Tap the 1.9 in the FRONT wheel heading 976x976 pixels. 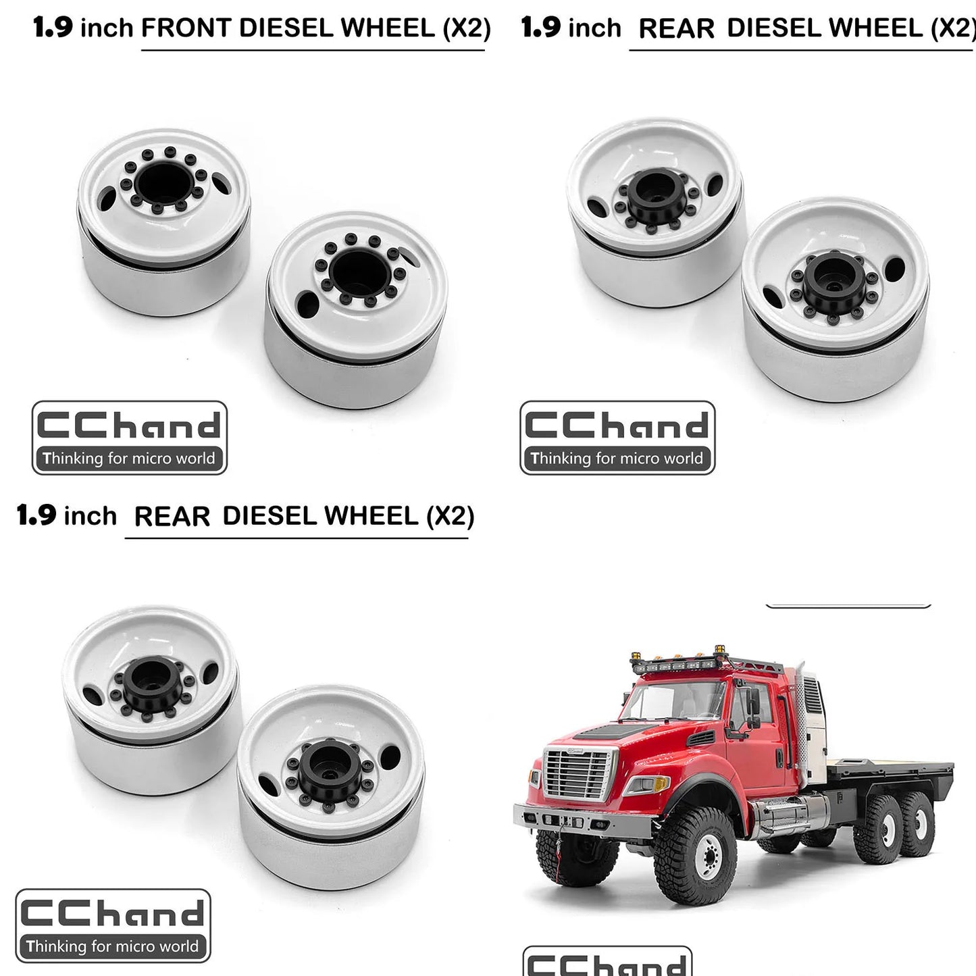pyautogui.click(x=53, y=27)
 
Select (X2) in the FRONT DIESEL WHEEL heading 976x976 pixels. pyautogui.click(x=467, y=28)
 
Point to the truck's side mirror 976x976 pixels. pyautogui.click(x=752, y=702)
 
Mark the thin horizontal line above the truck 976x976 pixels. pyautogui.click(x=848, y=607)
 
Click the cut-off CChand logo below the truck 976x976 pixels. pyautogui.click(x=607, y=961)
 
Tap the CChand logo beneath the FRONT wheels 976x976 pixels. pyautogui.click(x=130, y=438)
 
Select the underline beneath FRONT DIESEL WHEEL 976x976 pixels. pyautogui.click(x=313, y=50)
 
